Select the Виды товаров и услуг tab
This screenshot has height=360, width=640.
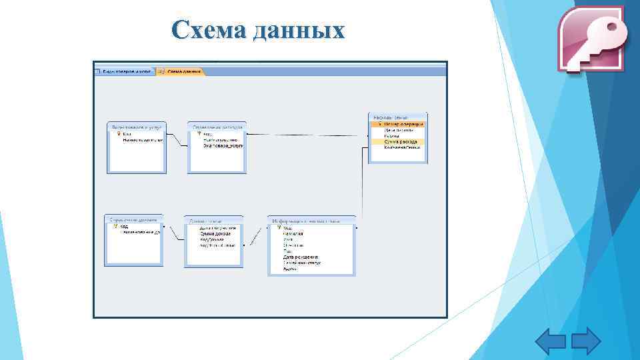pyautogui.click(x=125, y=71)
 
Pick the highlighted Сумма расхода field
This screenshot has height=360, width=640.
pyautogui.click(x=401, y=142)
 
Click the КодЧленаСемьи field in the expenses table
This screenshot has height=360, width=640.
pyautogui.click(x=402, y=148)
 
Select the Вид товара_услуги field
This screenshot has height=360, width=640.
pyautogui.click(x=223, y=145)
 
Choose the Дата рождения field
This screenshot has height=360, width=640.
pyautogui.click(x=301, y=257)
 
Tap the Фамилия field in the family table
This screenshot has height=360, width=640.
pyautogui.click(x=293, y=234)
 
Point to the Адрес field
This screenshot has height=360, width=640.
pyautogui.click(x=291, y=268)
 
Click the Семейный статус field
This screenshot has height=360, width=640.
pyautogui.click(x=302, y=263)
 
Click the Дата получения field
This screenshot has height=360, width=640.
pyautogui.click(x=217, y=228)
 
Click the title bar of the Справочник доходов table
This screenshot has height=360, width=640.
pyautogui.click(x=134, y=219)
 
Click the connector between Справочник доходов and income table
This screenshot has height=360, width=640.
pyautogui.click(x=173, y=233)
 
